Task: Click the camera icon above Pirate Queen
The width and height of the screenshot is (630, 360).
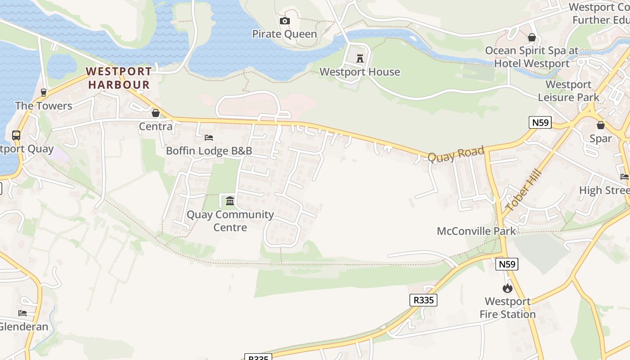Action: tap(284, 21)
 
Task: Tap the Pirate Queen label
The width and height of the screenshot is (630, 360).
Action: tap(284, 34)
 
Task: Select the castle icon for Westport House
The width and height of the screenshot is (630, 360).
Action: tap(360, 58)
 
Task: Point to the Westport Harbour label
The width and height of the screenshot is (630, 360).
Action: tap(119, 78)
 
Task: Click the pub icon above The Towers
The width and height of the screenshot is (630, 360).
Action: tap(44, 93)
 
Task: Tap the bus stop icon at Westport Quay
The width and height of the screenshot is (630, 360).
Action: tap(16, 135)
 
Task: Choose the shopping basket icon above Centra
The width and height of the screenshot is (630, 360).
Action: tap(156, 113)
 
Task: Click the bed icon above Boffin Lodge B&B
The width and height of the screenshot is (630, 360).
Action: tap(209, 137)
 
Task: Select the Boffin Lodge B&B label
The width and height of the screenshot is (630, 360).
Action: tap(209, 151)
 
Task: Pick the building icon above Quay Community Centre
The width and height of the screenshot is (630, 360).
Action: tap(230, 201)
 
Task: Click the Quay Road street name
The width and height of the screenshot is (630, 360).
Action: tap(455, 154)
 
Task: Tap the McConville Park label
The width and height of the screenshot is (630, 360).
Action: tap(477, 231)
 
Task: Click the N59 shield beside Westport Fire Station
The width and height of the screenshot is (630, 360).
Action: tap(507, 264)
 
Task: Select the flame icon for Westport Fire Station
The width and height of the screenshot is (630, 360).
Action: tap(508, 288)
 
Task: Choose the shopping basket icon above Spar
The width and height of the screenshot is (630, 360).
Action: tap(601, 125)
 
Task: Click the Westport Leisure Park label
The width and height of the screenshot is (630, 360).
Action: tap(569, 91)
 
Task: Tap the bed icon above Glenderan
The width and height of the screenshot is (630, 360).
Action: tap(22, 313)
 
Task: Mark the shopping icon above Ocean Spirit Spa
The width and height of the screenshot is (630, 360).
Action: tap(532, 37)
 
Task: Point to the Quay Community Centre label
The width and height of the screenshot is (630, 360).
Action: tap(230, 221)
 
